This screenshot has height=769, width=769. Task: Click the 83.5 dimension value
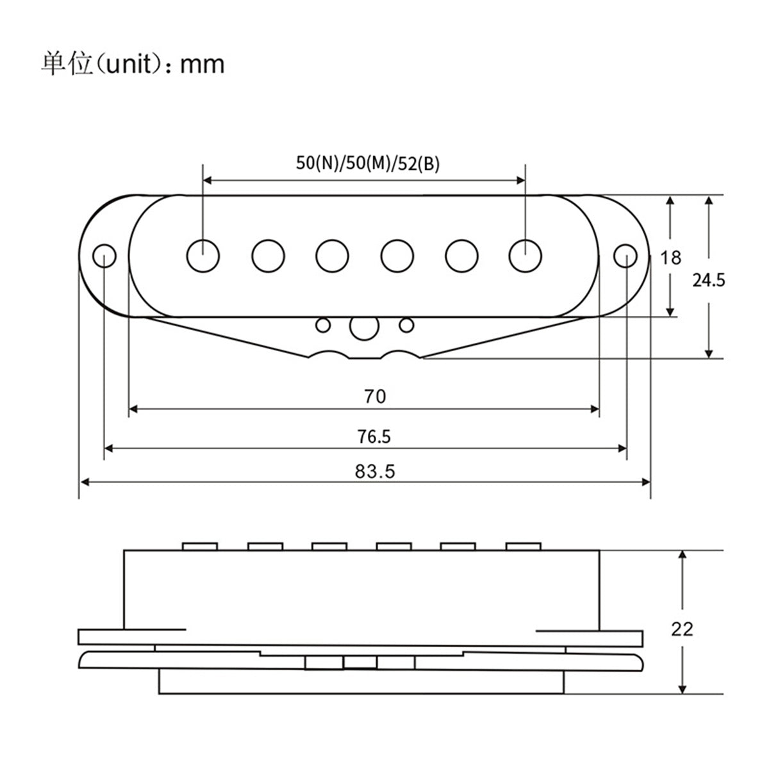(x=375, y=472)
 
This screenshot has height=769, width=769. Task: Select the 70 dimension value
(x=375, y=397)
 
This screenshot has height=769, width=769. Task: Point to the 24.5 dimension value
(x=709, y=280)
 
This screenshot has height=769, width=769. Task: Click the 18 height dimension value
(x=671, y=258)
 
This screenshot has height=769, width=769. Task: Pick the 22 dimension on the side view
(x=682, y=629)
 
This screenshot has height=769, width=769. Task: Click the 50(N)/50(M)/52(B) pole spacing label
(x=368, y=163)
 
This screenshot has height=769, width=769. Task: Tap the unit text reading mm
(x=203, y=64)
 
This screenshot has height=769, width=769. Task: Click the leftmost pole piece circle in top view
(x=203, y=255)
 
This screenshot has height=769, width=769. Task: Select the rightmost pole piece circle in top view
(x=525, y=255)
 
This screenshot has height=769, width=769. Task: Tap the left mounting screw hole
(x=104, y=255)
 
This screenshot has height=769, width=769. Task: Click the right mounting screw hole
(x=625, y=255)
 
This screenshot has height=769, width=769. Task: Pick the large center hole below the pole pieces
(x=363, y=327)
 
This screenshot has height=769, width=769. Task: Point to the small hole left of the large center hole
(x=324, y=325)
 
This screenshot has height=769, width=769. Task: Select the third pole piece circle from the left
(x=332, y=255)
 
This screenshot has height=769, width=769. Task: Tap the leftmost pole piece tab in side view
(x=200, y=546)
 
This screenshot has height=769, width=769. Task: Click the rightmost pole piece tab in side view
(x=524, y=546)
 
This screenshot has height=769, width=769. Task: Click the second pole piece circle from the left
(x=268, y=255)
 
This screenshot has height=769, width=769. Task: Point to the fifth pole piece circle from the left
(x=462, y=255)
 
